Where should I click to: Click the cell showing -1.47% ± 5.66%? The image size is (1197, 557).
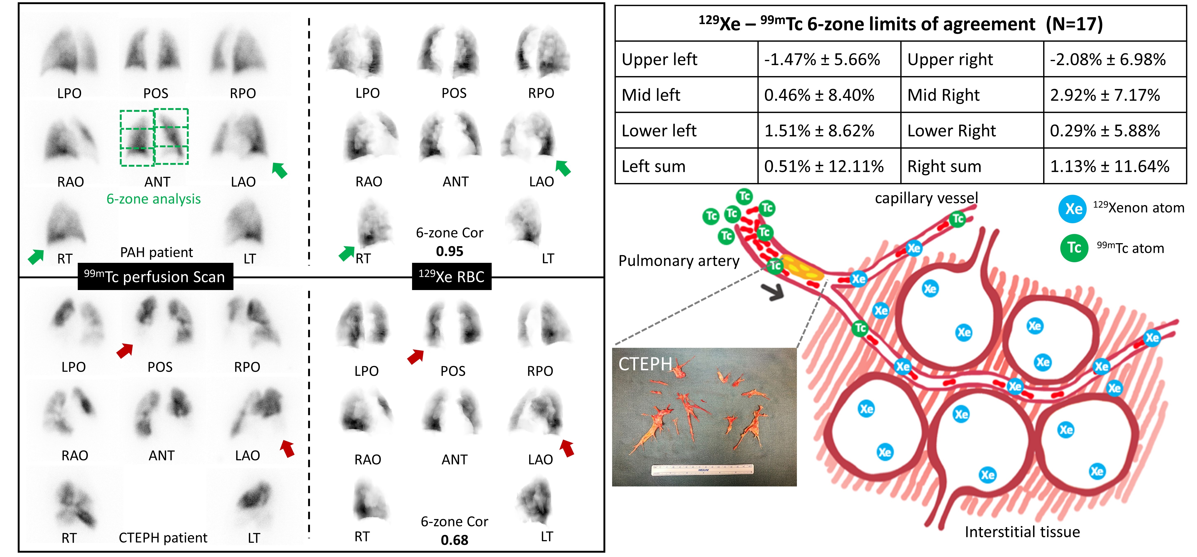[x=821, y=59]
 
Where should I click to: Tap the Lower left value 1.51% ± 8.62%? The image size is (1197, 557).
[x=819, y=131]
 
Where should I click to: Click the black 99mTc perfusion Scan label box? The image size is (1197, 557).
[x=155, y=277]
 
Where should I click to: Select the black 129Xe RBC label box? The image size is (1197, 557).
[x=451, y=277]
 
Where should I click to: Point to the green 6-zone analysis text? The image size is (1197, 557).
[x=153, y=199]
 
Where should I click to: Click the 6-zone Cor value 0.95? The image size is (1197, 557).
[x=449, y=251]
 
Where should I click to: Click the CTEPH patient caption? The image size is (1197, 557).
[x=163, y=538]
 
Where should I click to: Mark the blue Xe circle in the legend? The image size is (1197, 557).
[x=1073, y=209]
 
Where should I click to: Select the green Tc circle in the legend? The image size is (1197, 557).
[x=1074, y=248]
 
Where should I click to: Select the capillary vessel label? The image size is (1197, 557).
[x=926, y=198]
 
